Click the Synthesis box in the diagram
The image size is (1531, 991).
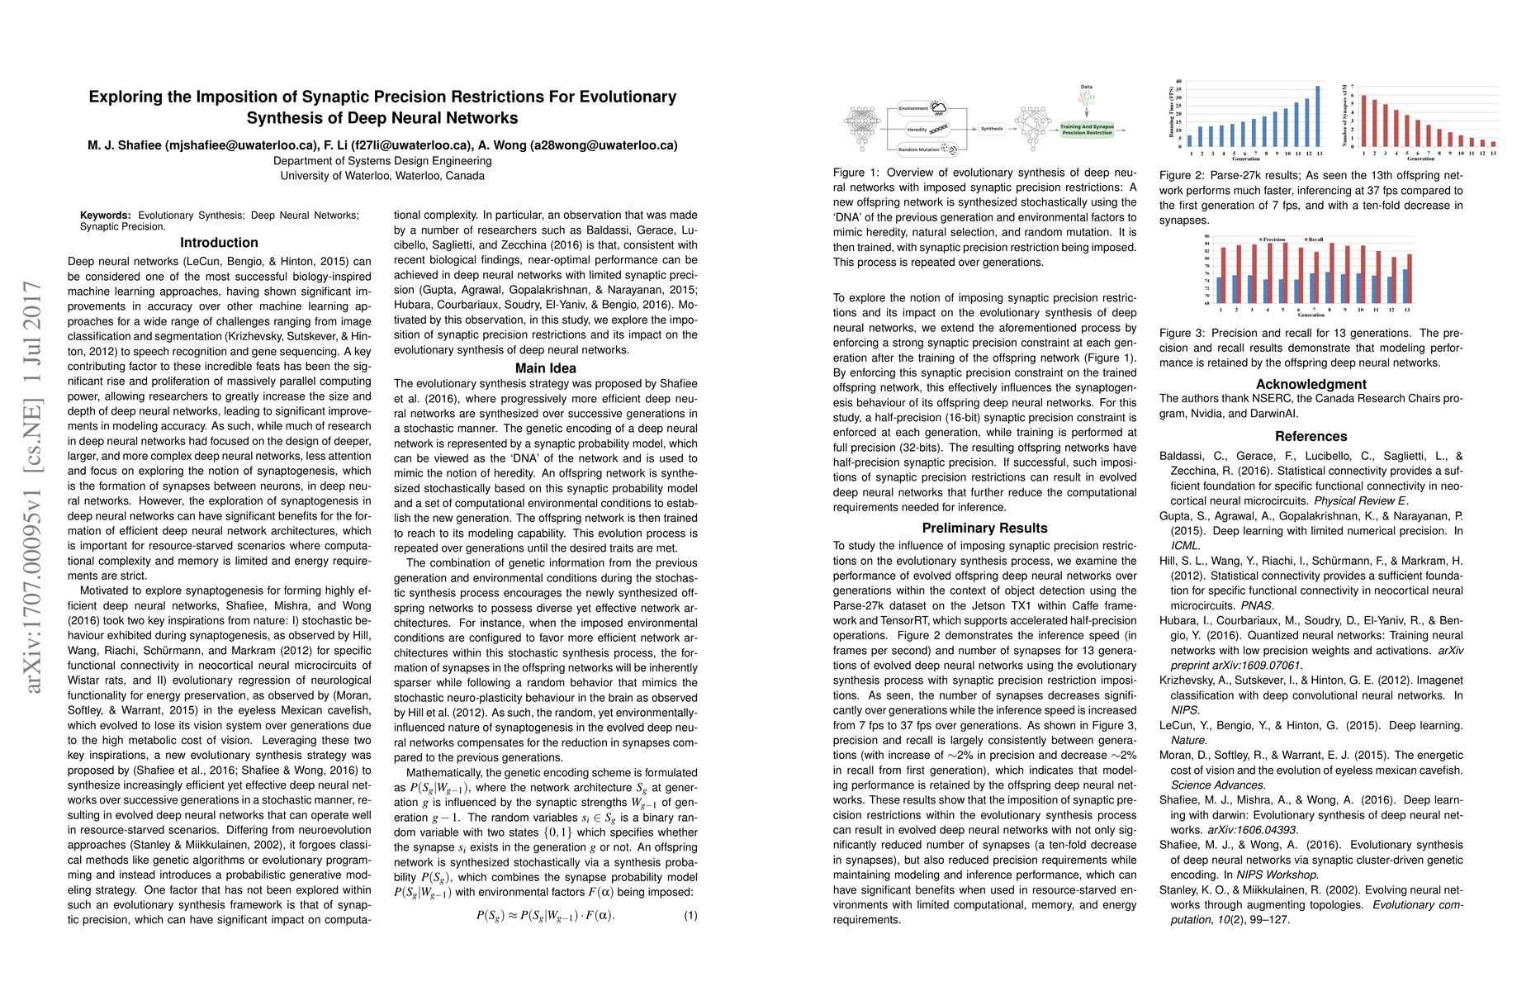992,129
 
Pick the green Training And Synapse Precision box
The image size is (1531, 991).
1087,130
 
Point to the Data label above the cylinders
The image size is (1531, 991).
1086,87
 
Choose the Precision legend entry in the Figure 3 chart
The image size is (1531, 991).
1272,239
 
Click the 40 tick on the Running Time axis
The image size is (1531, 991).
1178,82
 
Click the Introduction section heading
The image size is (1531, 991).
219,243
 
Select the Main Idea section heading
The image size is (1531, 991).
545,368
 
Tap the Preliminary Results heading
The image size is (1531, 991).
984,529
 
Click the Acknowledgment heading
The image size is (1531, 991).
1311,384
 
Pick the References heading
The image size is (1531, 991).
1311,437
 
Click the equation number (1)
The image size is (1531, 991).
690,915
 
